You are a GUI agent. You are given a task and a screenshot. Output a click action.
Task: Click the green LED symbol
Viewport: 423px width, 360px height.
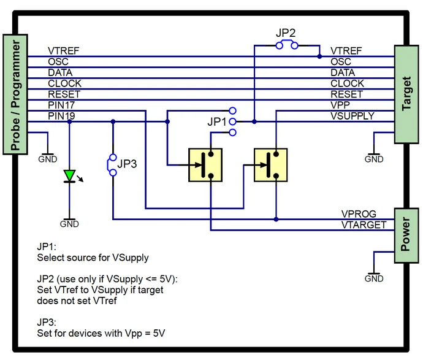[x=70, y=176]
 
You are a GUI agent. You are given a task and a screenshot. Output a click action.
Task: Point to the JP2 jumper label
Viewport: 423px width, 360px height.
[x=286, y=33]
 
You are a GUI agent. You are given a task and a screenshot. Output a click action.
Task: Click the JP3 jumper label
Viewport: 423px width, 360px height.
[x=127, y=164]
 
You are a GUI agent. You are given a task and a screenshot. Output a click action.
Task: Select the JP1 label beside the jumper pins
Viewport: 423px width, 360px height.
[x=216, y=122]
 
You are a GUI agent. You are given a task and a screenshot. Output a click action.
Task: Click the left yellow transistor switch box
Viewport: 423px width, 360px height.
[x=205, y=164]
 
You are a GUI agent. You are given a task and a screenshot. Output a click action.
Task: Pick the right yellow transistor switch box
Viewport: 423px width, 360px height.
[x=270, y=164]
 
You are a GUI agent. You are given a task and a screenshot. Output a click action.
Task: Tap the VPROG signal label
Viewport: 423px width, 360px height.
[x=359, y=214]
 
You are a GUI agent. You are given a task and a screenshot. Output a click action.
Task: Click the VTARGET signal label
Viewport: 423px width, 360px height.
[x=364, y=225]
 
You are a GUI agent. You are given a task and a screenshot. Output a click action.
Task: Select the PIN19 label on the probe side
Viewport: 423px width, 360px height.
[x=61, y=116]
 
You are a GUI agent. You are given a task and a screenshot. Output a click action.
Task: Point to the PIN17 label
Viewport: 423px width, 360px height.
[x=61, y=105]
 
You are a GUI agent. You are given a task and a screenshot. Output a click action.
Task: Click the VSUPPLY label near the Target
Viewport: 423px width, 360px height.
[x=352, y=116]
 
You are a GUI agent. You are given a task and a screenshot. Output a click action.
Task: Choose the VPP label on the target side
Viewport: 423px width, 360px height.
[x=340, y=105]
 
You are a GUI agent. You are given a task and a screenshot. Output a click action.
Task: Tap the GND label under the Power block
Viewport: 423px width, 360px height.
[x=374, y=278]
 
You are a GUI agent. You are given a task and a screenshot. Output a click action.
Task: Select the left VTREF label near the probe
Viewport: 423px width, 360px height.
[x=64, y=51]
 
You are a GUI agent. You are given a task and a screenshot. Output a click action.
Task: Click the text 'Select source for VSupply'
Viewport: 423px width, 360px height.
[x=93, y=258]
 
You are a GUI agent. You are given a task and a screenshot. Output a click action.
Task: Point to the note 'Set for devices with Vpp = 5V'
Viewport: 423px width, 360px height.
[x=101, y=334]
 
